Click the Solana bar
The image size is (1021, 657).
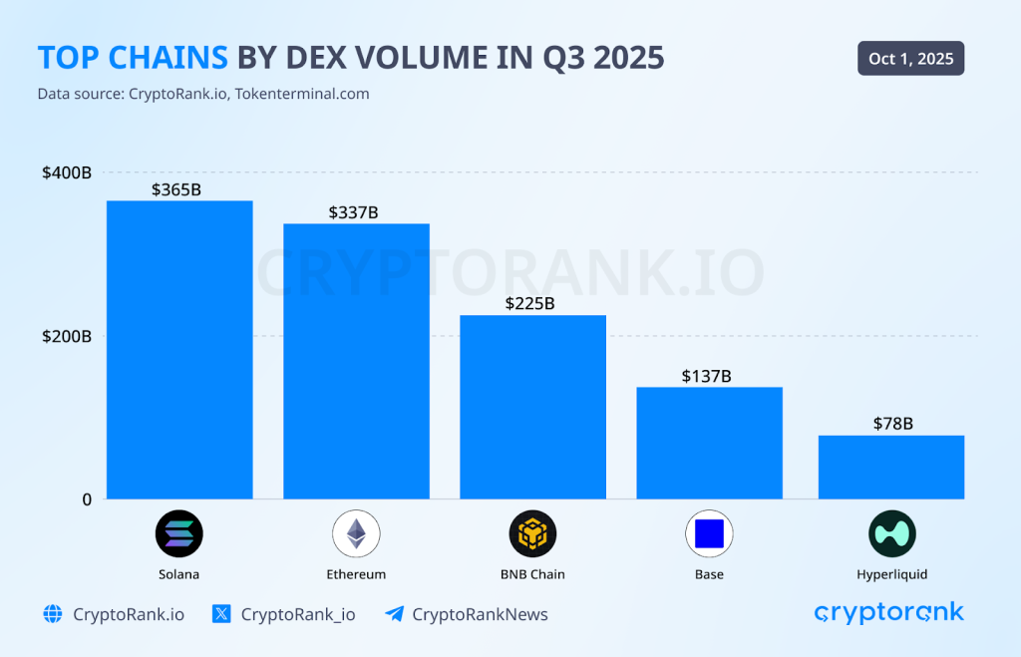(179, 349)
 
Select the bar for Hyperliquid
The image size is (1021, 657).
(891, 467)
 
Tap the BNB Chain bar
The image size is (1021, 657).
(532, 407)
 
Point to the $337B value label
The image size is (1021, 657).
(353, 212)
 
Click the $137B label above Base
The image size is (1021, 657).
(707, 376)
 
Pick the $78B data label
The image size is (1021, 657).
(892, 424)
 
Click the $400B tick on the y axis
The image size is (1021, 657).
(66, 172)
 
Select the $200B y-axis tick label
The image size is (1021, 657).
(66, 336)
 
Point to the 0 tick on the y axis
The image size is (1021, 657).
(86, 498)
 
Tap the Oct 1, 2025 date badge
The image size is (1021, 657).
(910, 59)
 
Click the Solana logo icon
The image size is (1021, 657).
(178, 533)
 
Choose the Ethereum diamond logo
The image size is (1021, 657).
(356, 533)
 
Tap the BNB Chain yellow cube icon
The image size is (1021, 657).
(532, 533)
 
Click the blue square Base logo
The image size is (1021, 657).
(709, 533)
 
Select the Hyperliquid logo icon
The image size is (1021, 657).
(891, 533)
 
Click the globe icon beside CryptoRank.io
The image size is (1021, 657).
(53, 614)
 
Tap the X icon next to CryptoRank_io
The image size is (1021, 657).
(222, 614)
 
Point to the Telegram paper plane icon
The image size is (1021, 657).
(394, 614)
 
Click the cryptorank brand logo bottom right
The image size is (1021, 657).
(889, 613)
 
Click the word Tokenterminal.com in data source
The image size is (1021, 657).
(302, 94)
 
